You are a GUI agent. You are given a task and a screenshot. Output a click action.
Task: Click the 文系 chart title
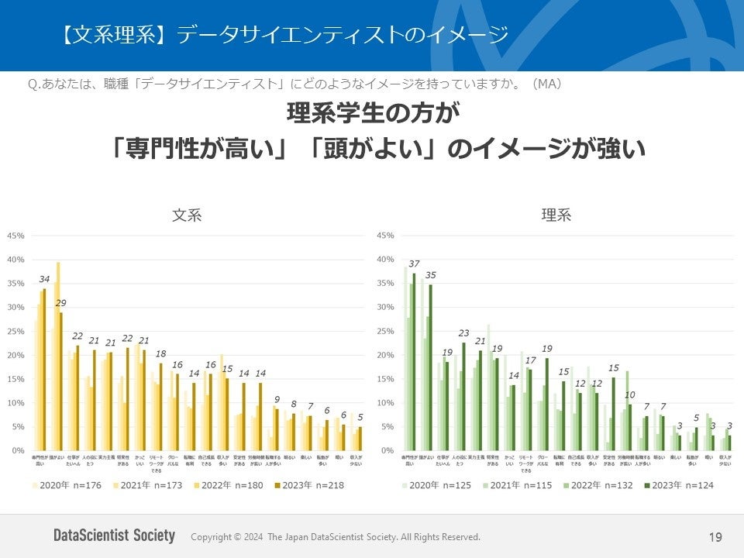pyautogui.click(x=187, y=216)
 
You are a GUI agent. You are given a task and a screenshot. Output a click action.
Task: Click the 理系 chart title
pyautogui.click(x=556, y=216)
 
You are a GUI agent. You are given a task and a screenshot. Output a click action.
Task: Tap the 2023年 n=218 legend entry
pyautogui.click(x=308, y=485)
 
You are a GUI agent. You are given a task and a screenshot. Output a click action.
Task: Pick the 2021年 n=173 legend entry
pyautogui.click(x=149, y=485)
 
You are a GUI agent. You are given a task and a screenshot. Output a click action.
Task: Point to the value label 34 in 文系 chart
pyautogui.click(x=44, y=280)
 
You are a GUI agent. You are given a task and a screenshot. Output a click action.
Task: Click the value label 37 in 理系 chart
pyautogui.click(x=415, y=264)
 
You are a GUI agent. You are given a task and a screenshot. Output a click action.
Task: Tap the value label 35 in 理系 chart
pyautogui.click(x=431, y=275)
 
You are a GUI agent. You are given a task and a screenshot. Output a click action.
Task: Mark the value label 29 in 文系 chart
pyautogui.click(x=60, y=303)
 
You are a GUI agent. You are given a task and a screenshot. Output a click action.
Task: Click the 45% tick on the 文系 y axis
pyautogui.click(x=16, y=236)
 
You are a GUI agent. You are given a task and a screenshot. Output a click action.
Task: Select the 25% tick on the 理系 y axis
pyautogui.click(x=385, y=331)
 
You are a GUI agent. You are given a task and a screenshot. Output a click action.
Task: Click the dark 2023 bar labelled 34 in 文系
pyautogui.click(x=44, y=370)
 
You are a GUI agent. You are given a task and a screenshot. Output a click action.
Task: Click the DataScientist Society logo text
pyautogui.click(x=114, y=536)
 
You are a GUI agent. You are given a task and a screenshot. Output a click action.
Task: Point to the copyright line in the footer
pyautogui.click(x=335, y=537)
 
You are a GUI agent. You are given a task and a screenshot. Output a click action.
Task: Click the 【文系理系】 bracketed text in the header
pyautogui.click(x=115, y=35)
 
